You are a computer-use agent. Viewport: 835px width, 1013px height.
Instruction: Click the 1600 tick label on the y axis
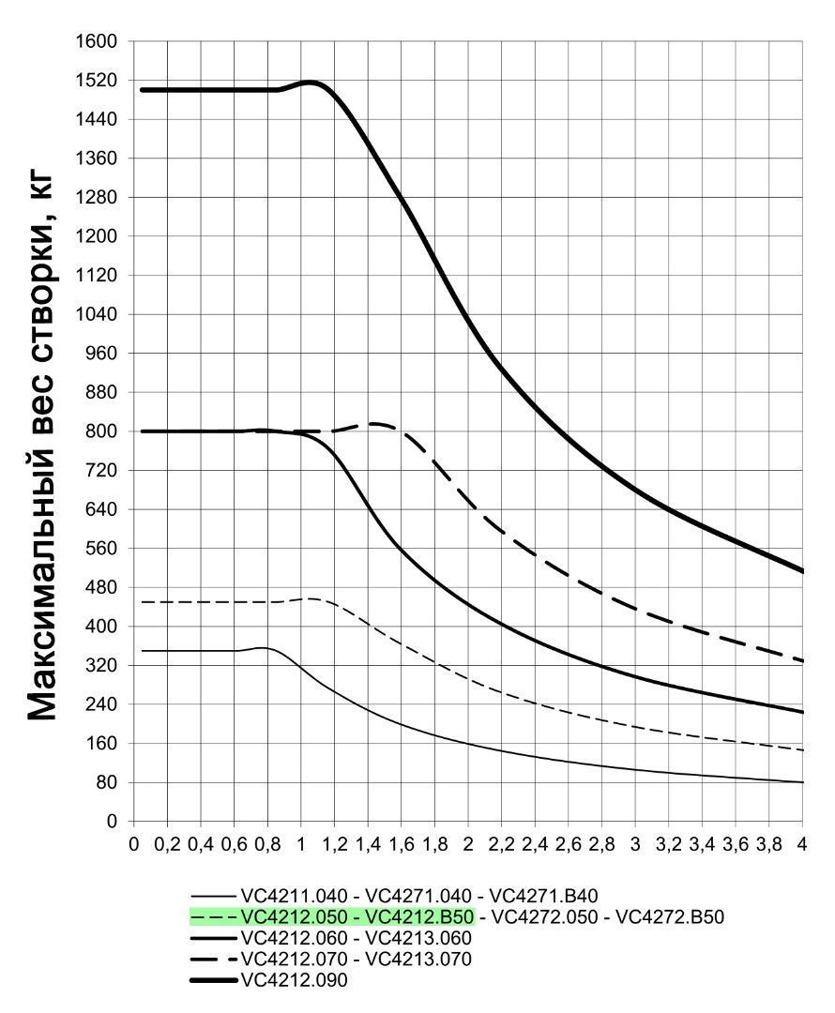[x=97, y=41]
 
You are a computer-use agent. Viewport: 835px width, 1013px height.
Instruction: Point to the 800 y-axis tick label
[x=101, y=431]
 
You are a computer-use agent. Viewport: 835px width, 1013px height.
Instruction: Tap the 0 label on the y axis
[x=112, y=822]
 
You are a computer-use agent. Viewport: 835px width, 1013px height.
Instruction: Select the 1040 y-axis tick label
[x=97, y=314]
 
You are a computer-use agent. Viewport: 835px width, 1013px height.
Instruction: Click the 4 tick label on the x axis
[x=802, y=844]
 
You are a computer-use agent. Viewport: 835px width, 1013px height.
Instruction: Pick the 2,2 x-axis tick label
[x=502, y=844]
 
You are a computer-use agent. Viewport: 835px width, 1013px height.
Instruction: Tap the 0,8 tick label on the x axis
[x=267, y=844]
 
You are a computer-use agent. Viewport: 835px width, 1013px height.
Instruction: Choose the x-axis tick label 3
[x=635, y=844]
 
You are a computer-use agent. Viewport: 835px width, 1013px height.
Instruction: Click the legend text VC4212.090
[x=294, y=980]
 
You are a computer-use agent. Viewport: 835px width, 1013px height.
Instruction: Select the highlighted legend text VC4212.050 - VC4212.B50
[x=357, y=916]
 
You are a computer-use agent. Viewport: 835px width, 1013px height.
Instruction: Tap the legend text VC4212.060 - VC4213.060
[x=357, y=938]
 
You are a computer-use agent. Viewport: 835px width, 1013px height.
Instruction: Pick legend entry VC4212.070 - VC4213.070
[x=357, y=959]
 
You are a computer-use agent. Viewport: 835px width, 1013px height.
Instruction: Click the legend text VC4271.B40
[x=543, y=896]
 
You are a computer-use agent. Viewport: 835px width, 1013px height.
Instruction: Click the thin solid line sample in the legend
[x=214, y=897]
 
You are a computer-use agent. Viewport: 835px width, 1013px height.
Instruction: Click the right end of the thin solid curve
[x=802, y=782]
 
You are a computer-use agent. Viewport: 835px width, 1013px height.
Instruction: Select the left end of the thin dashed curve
[x=142, y=602]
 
